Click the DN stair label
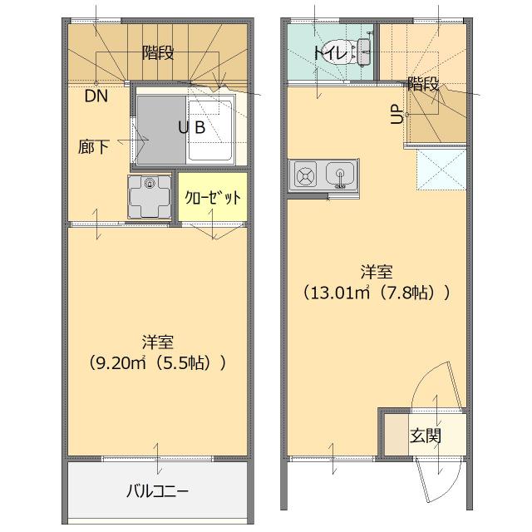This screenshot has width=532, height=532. (96, 95)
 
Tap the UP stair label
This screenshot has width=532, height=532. (397, 114)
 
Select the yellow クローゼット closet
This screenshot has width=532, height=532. (213, 198)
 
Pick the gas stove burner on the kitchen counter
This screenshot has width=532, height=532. (304, 175)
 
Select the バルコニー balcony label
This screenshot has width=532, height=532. (157, 490)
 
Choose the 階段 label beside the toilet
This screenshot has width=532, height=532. (423, 84)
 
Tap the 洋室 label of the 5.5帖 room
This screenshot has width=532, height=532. (157, 341)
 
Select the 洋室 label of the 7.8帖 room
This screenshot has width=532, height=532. (377, 271)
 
